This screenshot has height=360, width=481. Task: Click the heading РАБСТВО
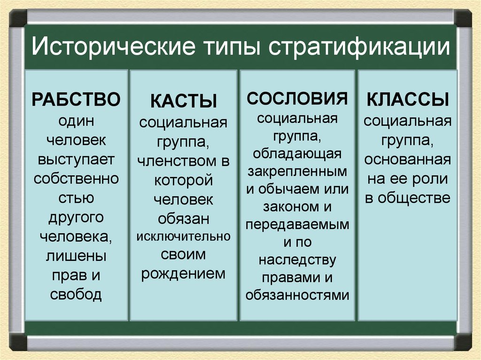pos(76,100)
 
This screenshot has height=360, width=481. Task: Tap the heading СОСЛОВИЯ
pos(297,98)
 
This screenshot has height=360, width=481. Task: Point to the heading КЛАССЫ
pos(407,100)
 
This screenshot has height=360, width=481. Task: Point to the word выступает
pos(76,159)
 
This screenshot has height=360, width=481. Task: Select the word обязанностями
pos(297,295)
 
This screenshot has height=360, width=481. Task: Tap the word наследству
pos(297,260)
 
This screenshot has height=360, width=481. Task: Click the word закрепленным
pos(297,171)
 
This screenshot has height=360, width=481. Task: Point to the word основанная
pos(407,160)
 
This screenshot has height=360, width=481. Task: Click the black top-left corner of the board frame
pos(18,18)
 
